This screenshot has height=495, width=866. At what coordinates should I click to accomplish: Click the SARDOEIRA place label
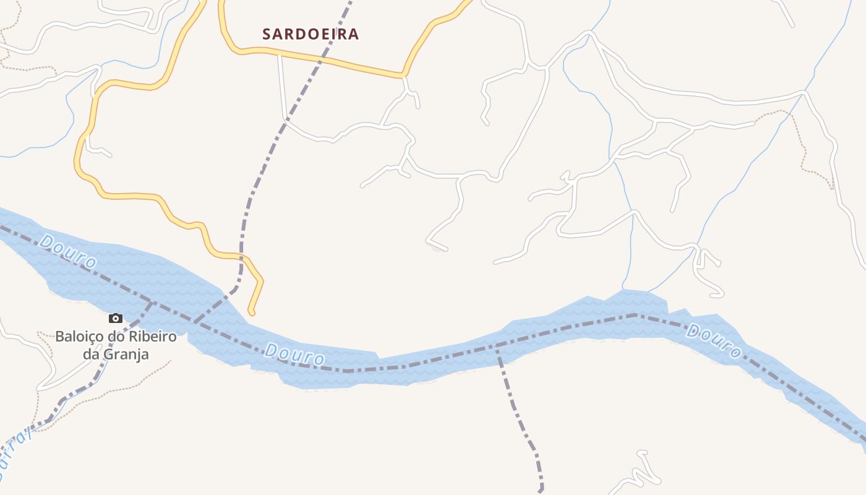tap(310, 34)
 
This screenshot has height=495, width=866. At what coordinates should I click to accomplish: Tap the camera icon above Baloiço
tap(116, 319)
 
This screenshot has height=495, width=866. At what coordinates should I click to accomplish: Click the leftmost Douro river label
tap(67, 251)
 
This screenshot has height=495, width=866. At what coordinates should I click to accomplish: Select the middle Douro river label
tap(294, 355)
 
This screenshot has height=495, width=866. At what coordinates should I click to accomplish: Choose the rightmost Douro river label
tap(714, 340)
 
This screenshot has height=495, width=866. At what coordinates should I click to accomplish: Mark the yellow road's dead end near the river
tap(252, 312)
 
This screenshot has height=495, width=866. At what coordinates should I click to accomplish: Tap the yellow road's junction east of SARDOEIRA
tap(403, 76)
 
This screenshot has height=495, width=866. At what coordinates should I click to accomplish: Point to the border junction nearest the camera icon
tap(151, 303)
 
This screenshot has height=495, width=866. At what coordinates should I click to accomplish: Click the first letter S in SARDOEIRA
tap(267, 34)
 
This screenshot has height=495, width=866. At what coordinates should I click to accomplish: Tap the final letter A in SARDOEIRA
tap(354, 34)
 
